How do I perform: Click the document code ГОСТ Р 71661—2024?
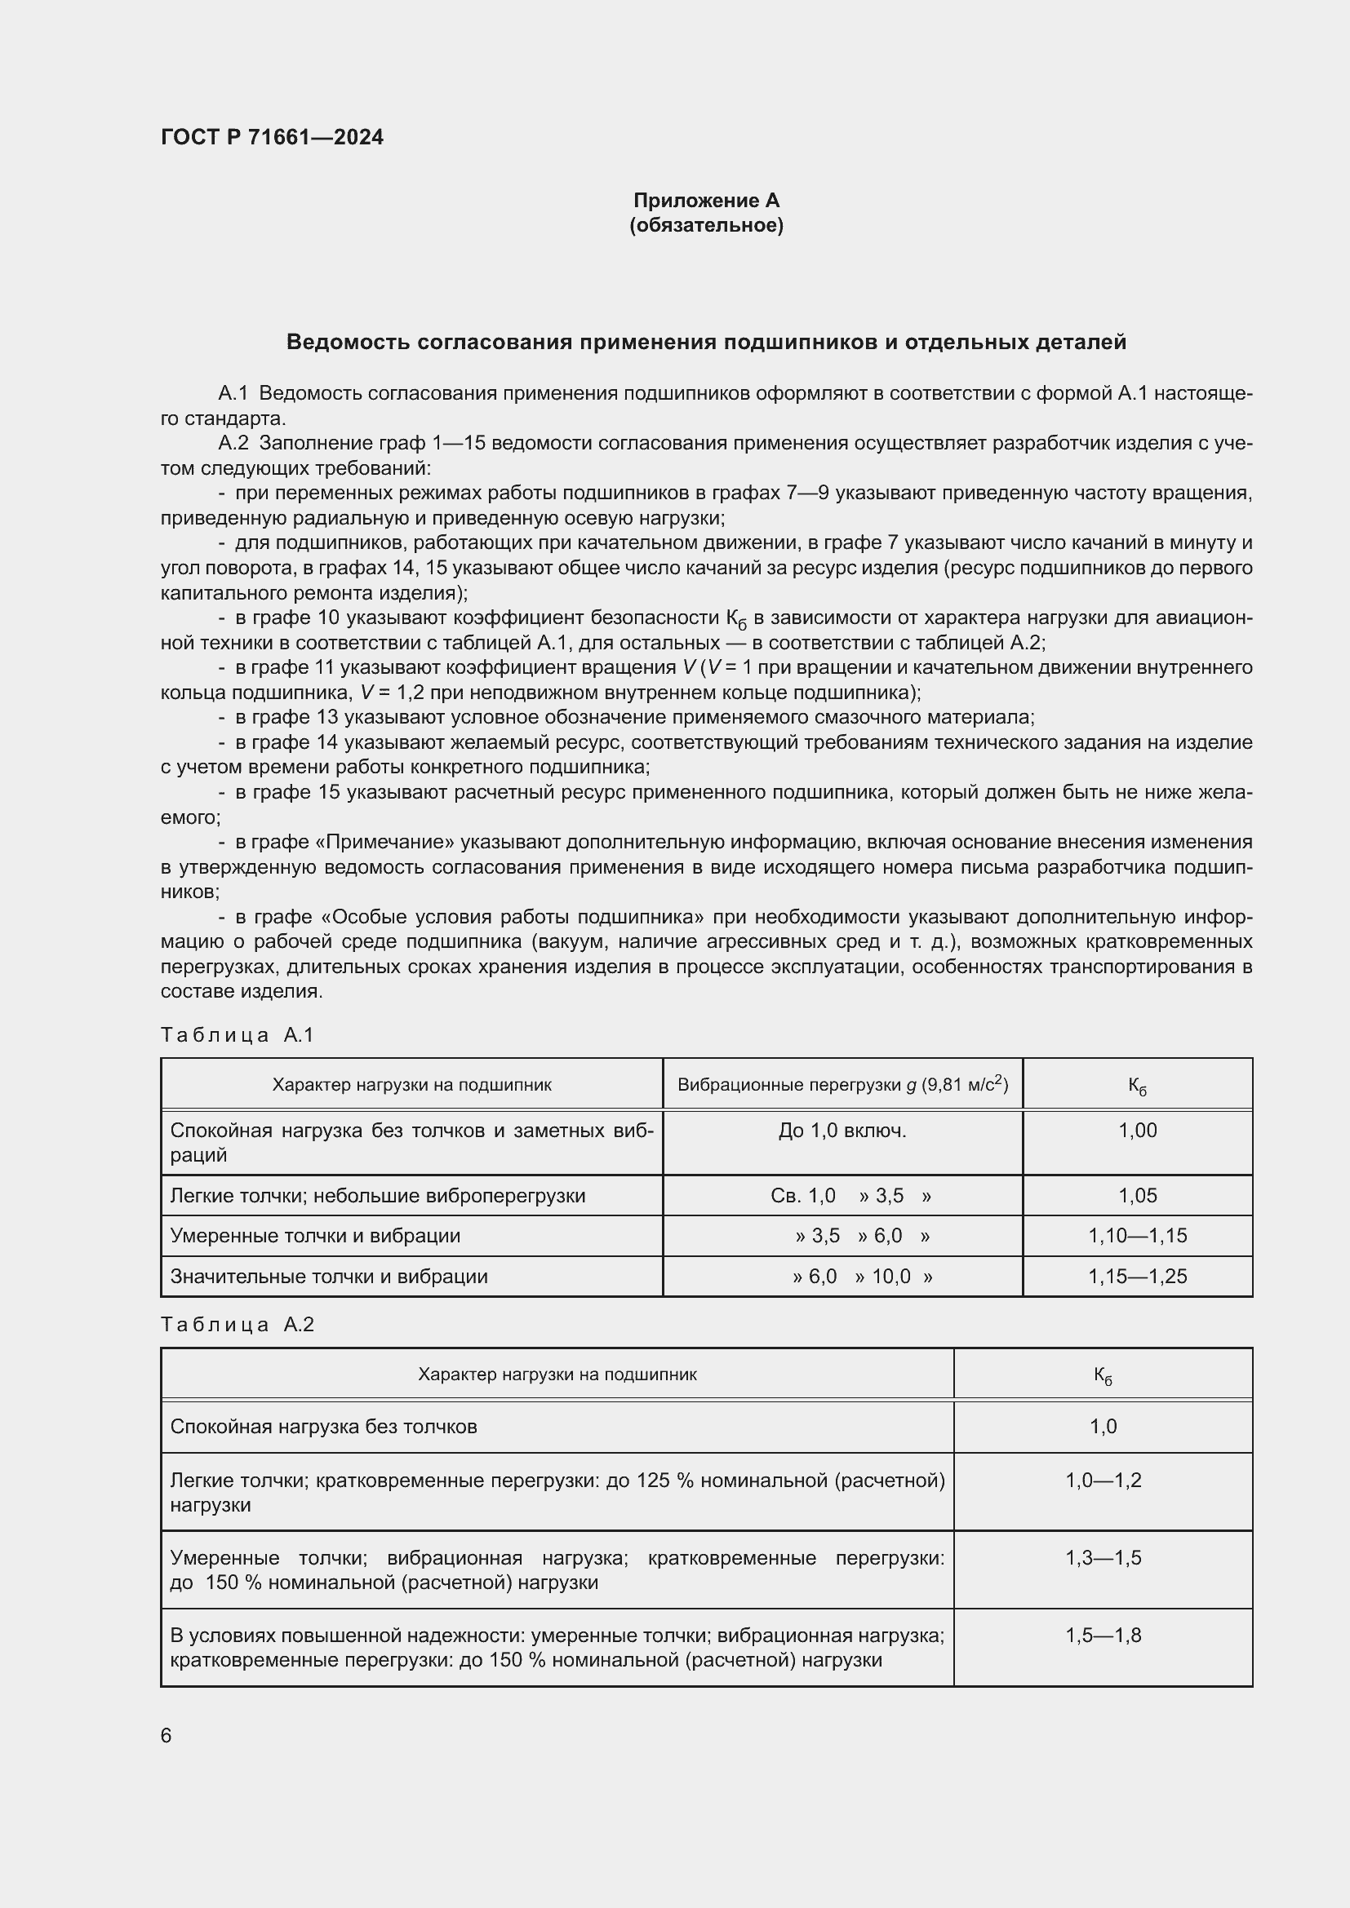point(272,137)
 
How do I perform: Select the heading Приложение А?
point(706,201)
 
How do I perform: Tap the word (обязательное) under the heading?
point(706,225)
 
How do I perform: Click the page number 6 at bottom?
point(167,1735)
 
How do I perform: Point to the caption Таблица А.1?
point(237,1034)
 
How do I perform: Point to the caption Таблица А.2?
point(237,1324)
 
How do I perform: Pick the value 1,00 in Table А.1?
point(1137,1130)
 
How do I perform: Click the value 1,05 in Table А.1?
point(1137,1196)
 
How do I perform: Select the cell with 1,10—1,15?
point(1137,1236)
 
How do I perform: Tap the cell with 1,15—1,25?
point(1137,1277)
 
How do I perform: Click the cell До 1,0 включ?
point(842,1130)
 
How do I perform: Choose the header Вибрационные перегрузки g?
point(842,1084)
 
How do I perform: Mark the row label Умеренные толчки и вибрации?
point(315,1236)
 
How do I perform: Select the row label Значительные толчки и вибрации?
point(328,1277)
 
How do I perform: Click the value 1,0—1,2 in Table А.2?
point(1104,1480)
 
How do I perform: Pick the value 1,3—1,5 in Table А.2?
point(1104,1557)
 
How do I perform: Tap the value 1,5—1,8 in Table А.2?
point(1104,1636)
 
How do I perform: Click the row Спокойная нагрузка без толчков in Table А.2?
point(323,1427)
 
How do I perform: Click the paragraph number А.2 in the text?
point(233,443)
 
